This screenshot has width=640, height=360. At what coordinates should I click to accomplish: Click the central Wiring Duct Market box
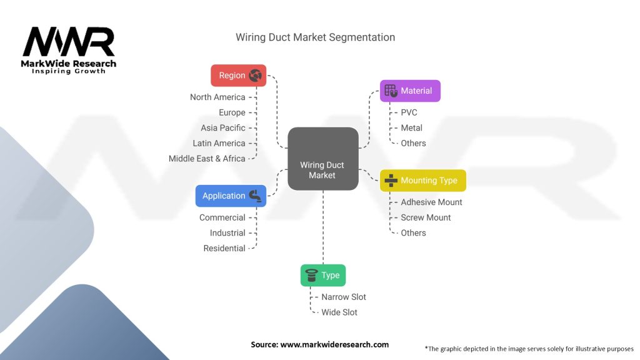click(322, 159)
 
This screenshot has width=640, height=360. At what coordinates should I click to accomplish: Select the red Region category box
click(238, 76)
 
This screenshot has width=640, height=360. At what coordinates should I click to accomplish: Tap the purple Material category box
click(410, 91)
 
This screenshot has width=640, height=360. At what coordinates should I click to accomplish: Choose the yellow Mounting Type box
click(422, 181)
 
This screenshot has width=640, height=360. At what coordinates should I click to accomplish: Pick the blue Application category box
click(230, 196)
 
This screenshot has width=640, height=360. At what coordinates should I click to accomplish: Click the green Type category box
click(323, 275)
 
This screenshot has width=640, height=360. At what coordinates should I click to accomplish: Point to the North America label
click(217, 97)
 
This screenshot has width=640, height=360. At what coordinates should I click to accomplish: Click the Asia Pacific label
click(223, 127)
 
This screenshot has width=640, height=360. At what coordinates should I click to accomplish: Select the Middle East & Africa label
click(207, 158)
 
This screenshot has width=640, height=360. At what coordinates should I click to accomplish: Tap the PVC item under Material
click(409, 112)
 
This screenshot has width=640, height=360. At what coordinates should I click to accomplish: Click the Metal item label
click(411, 127)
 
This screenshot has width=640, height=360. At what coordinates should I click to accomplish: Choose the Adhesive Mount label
click(431, 202)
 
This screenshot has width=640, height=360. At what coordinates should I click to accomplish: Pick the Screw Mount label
click(426, 217)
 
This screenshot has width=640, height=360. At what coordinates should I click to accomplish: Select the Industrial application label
click(227, 232)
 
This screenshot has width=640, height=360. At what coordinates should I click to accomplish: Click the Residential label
click(224, 248)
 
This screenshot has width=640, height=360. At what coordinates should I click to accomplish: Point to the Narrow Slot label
click(343, 297)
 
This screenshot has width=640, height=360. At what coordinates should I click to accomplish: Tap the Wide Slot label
click(339, 312)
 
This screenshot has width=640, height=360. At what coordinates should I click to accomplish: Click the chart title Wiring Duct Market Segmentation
click(315, 37)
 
